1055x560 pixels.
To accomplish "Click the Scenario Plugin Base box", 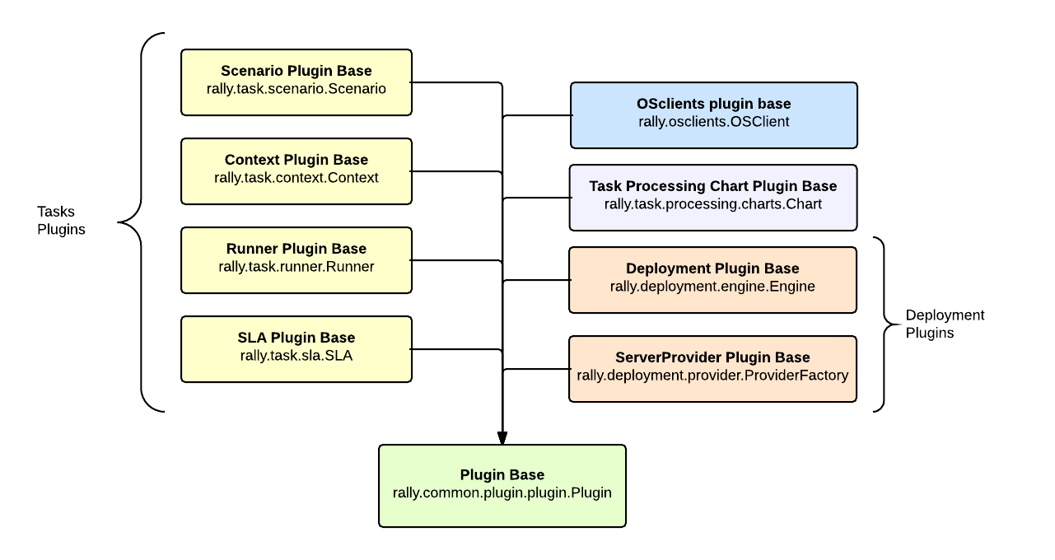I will click(x=296, y=82).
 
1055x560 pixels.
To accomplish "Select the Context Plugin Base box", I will click(x=296, y=170).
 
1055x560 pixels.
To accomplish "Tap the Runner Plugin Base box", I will click(x=296, y=259).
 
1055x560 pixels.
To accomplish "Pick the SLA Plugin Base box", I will click(x=296, y=348).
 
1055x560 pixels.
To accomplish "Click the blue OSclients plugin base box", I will click(x=713, y=114).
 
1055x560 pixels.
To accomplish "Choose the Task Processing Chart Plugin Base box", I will click(x=712, y=197).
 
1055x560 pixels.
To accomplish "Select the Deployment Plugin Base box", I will click(x=712, y=279).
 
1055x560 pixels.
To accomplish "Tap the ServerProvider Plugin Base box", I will click(x=712, y=368).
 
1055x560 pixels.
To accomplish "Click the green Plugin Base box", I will click(x=502, y=485).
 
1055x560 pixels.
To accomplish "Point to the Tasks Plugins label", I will click(x=61, y=221).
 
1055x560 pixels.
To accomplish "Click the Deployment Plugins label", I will click(x=945, y=324).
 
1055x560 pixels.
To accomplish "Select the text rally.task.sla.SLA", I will click(x=296, y=356).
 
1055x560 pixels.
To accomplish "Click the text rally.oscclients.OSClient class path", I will click(x=713, y=122).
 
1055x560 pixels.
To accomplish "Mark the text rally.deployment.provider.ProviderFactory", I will click(x=712, y=376).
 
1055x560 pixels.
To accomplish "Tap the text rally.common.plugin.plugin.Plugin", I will click(x=502, y=492).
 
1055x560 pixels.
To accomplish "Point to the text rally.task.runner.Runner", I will click(x=296, y=267).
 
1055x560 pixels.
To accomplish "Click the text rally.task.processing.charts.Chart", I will click(x=712, y=204).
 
